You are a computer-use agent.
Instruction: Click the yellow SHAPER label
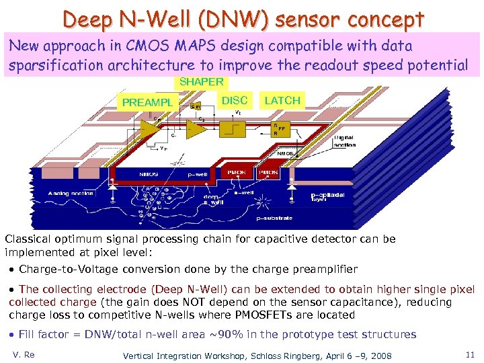[201, 82]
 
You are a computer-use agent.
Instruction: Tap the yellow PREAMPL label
[147, 103]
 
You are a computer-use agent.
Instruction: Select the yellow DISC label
[235, 100]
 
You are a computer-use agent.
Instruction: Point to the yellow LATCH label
[282, 100]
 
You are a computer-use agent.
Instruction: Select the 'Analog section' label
[70, 194]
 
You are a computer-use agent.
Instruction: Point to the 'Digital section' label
[344, 140]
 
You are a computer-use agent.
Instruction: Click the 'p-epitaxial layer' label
[327, 198]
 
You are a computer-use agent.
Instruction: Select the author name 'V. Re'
[24, 354]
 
